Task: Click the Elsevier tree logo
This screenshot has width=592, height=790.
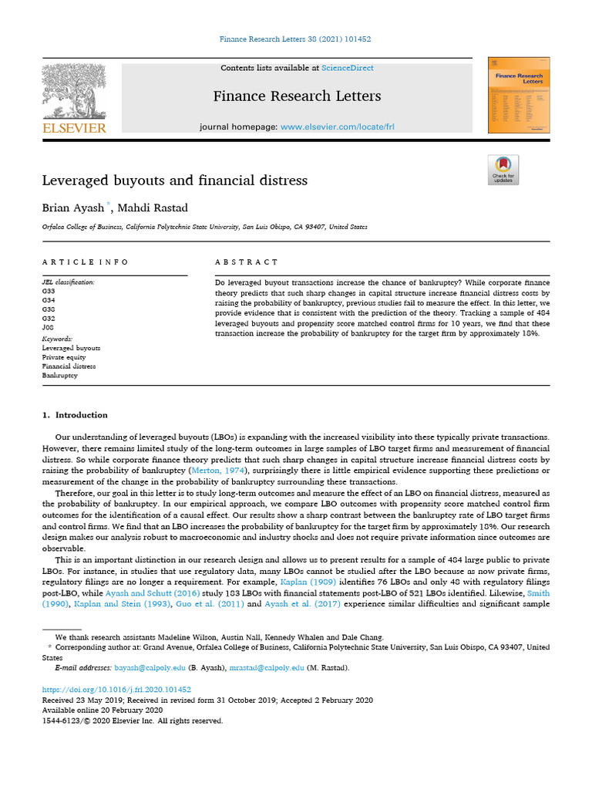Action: [74, 90]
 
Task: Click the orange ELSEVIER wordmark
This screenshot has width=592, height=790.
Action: [74, 128]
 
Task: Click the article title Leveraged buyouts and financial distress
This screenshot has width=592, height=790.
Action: [174, 181]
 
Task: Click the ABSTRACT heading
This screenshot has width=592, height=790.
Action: [247, 262]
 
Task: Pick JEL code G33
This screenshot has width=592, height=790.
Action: [49, 292]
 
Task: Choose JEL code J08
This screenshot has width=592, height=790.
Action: [49, 326]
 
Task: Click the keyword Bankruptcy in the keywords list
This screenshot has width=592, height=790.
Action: [60, 376]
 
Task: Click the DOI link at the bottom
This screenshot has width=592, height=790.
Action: [116, 690]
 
